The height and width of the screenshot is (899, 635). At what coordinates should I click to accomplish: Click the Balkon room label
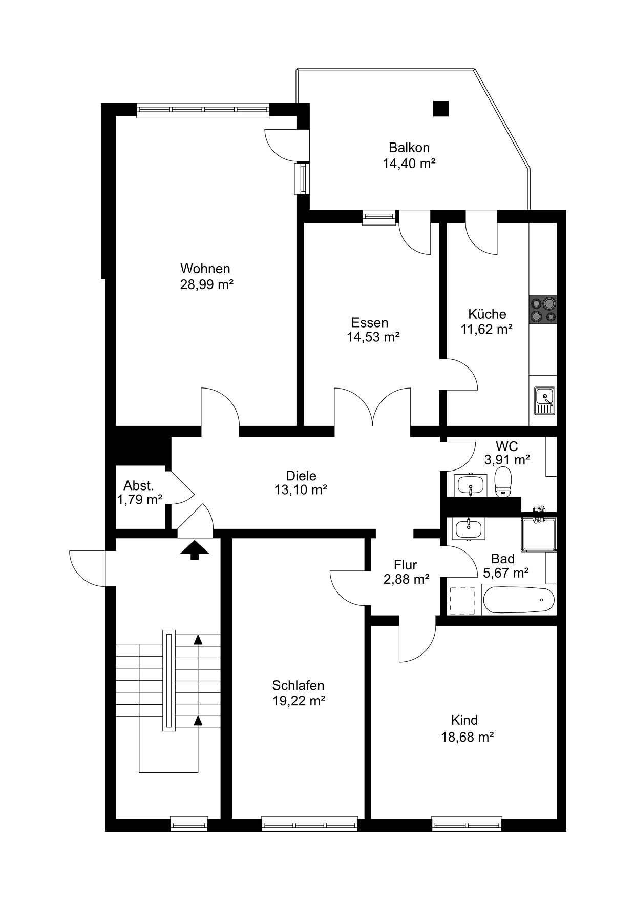tap(409, 148)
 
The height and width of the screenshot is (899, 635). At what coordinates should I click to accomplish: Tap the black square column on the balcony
tap(440, 109)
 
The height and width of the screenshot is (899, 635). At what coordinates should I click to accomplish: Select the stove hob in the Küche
tap(543, 310)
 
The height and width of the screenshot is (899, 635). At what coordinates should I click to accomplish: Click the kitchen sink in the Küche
tap(544, 400)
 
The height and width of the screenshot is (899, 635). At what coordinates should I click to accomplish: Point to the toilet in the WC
tap(504, 481)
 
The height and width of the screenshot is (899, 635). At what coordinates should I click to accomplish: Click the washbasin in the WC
tap(470, 485)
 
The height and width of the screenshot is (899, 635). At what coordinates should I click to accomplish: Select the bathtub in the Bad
tap(518, 600)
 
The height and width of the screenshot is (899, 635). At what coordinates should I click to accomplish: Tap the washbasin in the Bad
tap(468, 528)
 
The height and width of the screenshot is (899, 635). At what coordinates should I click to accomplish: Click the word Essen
tap(370, 323)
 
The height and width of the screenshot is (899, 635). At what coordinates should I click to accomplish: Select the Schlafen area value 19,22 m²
tap(299, 701)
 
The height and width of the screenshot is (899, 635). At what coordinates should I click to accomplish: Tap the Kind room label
tap(464, 720)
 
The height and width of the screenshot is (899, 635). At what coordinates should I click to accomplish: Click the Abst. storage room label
tap(138, 486)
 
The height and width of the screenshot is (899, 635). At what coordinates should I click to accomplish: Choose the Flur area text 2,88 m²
tap(406, 580)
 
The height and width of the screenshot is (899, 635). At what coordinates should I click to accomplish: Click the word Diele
tap(301, 475)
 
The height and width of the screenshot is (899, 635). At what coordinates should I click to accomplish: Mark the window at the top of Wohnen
tap(203, 110)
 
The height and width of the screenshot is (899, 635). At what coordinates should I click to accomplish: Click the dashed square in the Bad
tap(463, 600)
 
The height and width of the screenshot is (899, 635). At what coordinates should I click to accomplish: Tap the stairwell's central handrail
tap(169, 681)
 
